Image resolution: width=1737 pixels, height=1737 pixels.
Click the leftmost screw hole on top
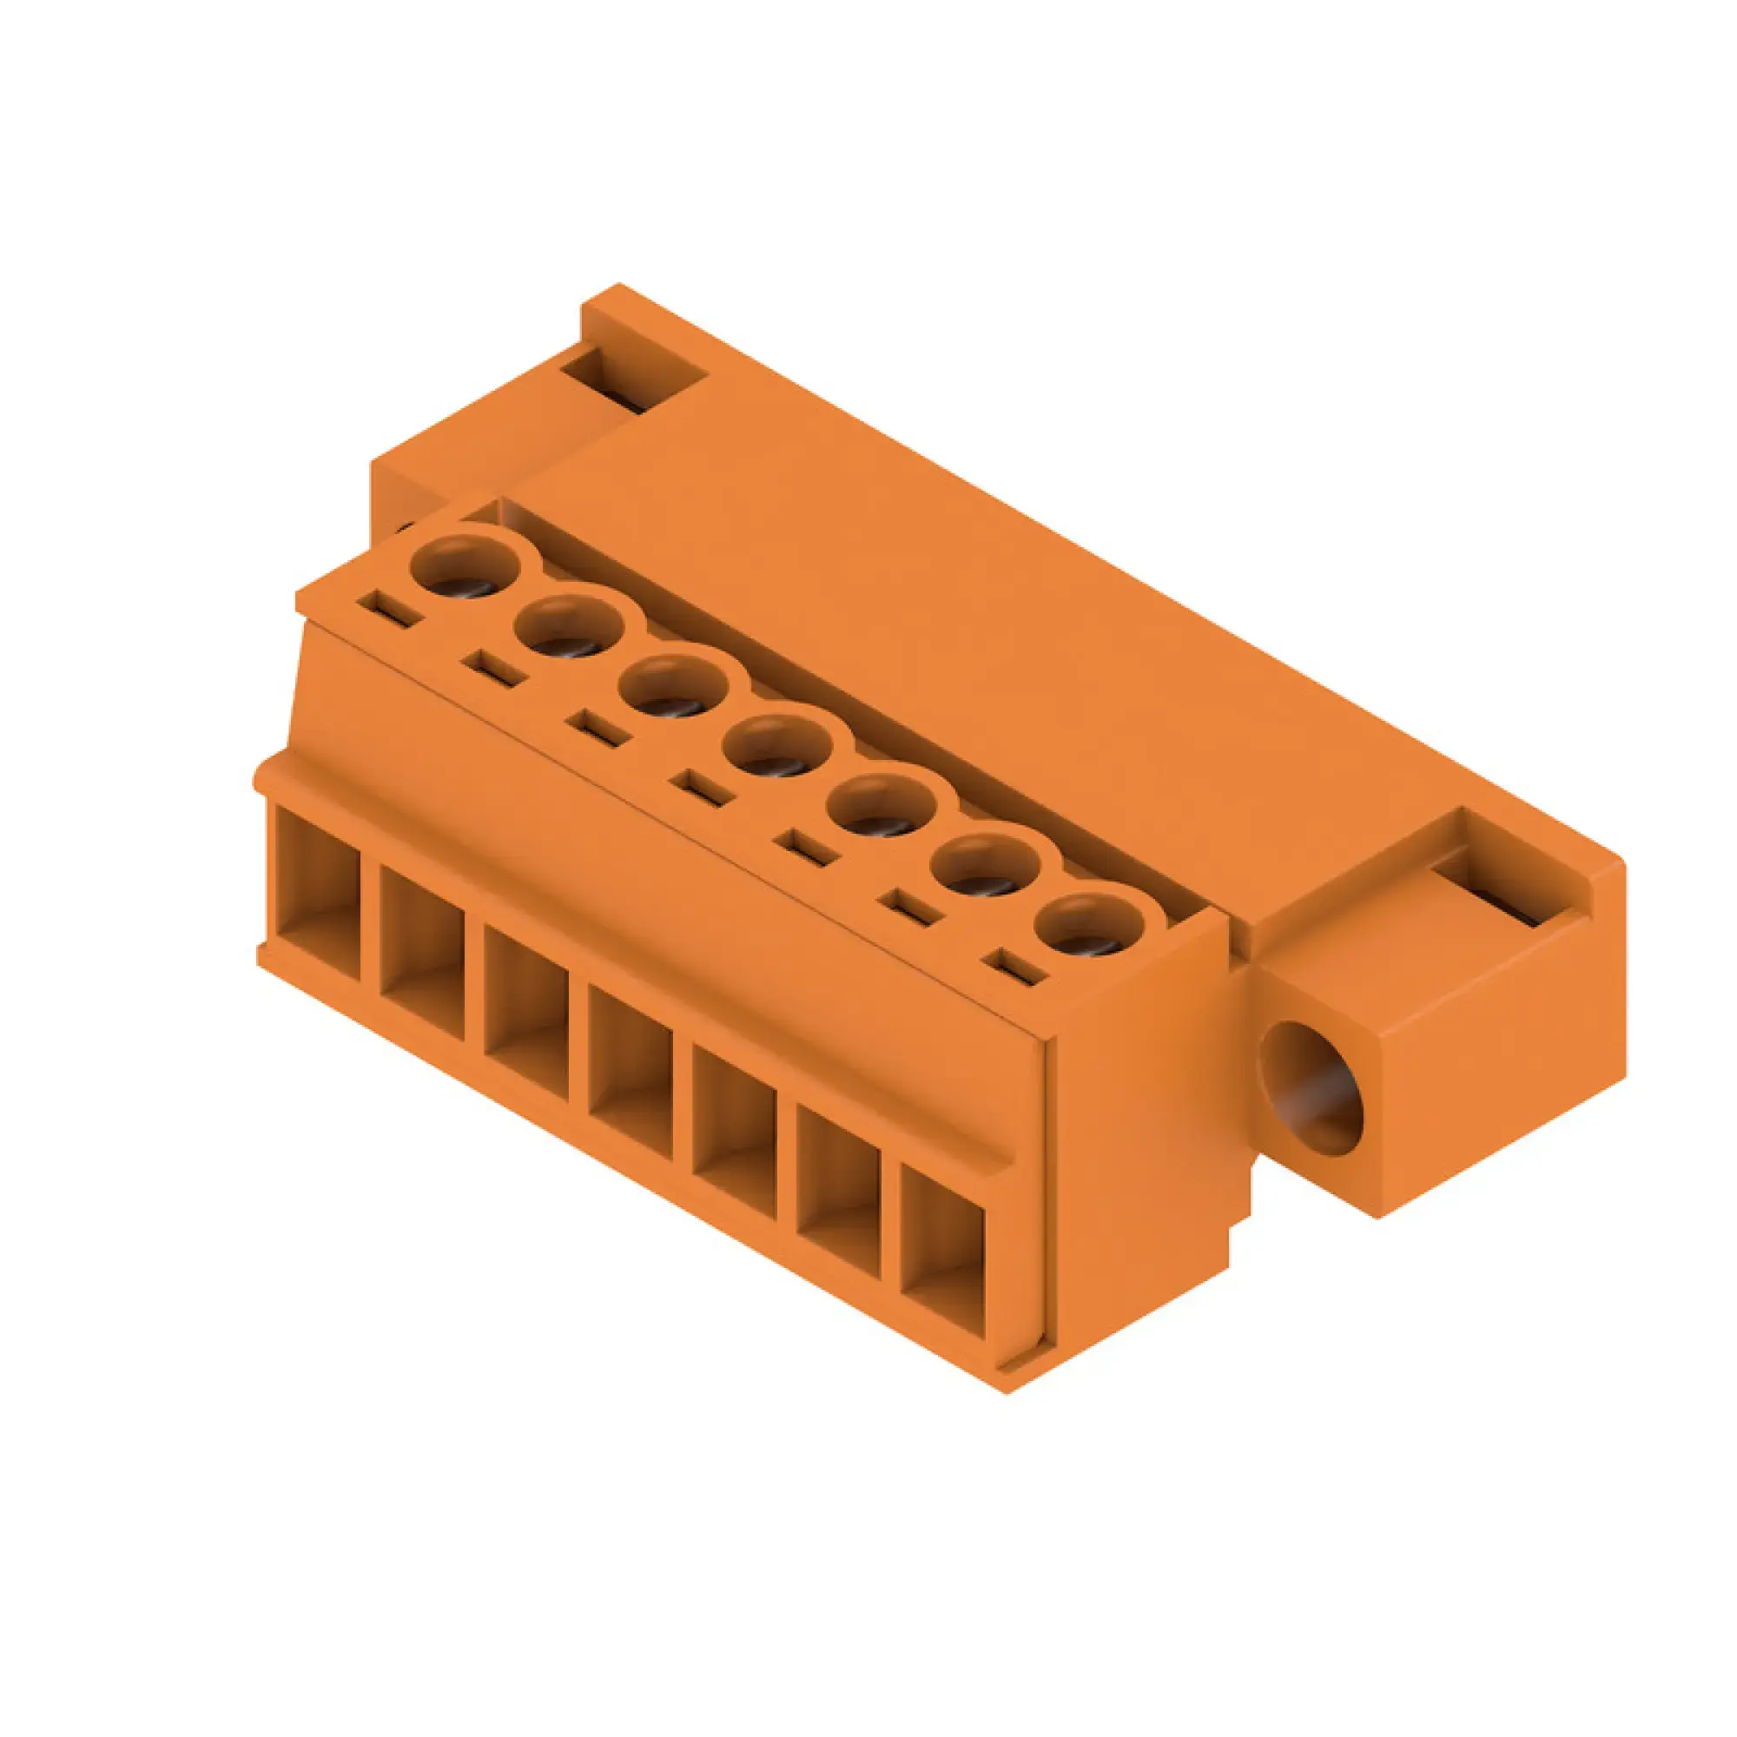pos(465,567)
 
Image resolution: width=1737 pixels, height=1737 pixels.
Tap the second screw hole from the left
pos(569,627)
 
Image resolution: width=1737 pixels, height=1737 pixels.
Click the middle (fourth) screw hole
pos(776,746)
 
